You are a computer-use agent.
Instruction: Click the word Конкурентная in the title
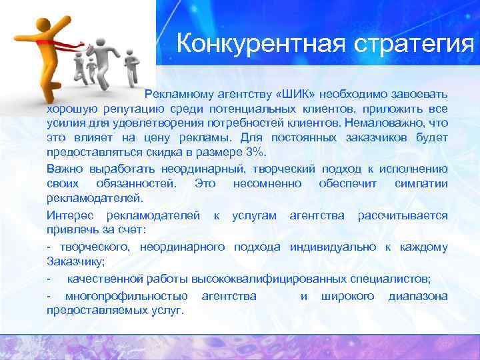(x=255, y=45)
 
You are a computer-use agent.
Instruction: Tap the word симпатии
(x=421, y=183)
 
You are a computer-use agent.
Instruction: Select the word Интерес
(x=67, y=215)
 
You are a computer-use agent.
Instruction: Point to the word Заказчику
(x=73, y=262)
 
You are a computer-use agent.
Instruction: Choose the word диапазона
(x=418, y=295)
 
